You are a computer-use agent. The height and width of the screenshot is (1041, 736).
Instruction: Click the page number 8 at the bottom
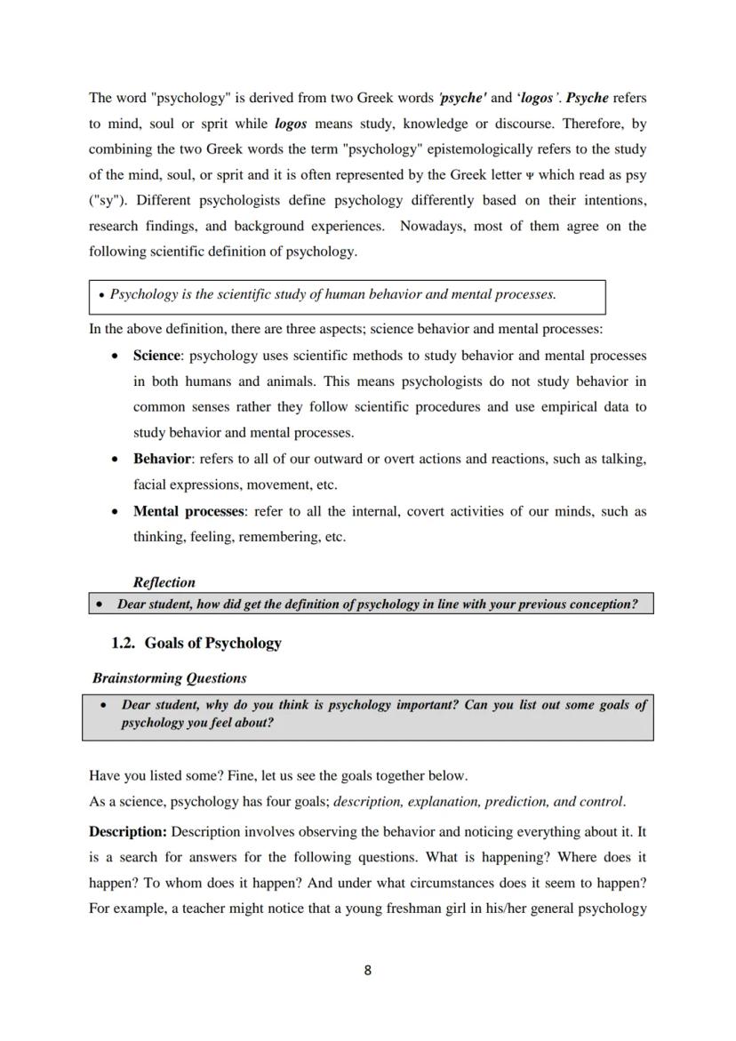coord(367,970)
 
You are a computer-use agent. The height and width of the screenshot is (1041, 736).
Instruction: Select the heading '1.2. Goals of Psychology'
coord(196,643)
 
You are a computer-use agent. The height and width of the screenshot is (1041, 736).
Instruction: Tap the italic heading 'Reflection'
coord(164,582)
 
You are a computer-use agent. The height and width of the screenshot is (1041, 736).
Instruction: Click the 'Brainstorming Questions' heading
coord(170,677)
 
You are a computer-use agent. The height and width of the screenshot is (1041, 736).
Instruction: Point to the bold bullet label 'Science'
coord(156,356)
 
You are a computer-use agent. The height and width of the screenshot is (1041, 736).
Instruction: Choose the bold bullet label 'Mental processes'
coord(188,511)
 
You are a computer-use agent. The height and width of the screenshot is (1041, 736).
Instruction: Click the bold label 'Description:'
coord(128,832)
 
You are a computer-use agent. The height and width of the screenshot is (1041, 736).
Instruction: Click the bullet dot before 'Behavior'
coord(115,460)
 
